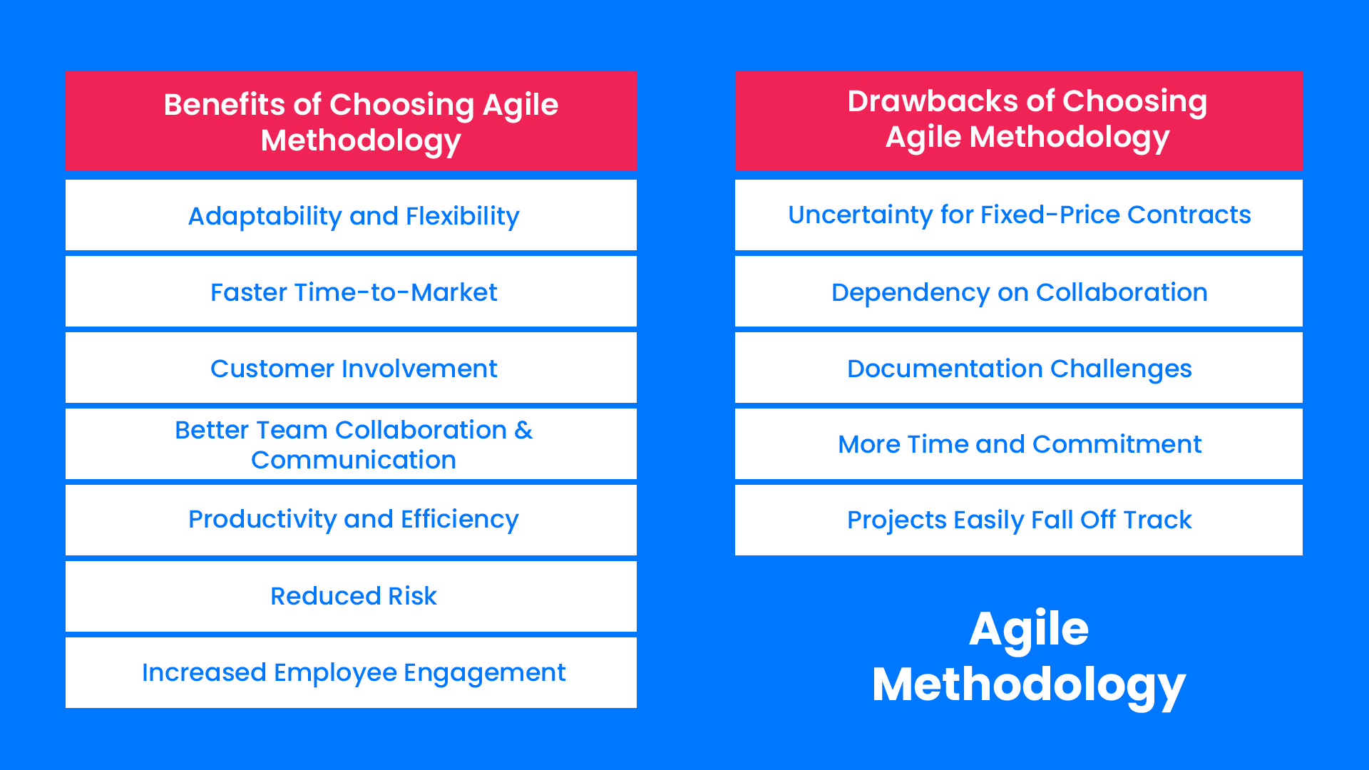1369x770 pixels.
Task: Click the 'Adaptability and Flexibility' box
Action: [x=353, y=216]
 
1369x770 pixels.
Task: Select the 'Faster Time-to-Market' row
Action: [x=353, y=292]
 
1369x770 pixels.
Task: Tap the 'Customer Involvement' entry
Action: [x=353, y=369]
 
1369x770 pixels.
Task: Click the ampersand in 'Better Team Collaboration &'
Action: [x=523, y=430]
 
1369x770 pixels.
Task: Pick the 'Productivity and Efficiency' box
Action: [x=353, y=519]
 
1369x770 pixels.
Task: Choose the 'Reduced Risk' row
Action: [x=353, y=596]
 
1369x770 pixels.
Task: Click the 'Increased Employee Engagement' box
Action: [x=353, y=672]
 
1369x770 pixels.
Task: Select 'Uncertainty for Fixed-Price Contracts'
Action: [x=1019, y=215]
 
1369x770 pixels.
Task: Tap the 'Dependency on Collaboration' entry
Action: [x=1019, y=292]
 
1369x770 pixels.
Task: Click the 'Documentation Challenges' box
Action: [x=1019, y=369]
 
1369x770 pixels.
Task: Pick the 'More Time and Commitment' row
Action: [x=1019, y=444]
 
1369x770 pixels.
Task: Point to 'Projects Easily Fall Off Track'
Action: [x=1019, y=520]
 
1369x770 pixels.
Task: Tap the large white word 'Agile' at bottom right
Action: [x=1028, y=629]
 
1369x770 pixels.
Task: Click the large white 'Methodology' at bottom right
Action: [x=1028, y=684]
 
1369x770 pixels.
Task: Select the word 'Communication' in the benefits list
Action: [x=353, y=460]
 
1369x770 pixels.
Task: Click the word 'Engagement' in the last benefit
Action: [x=484, y=672]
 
